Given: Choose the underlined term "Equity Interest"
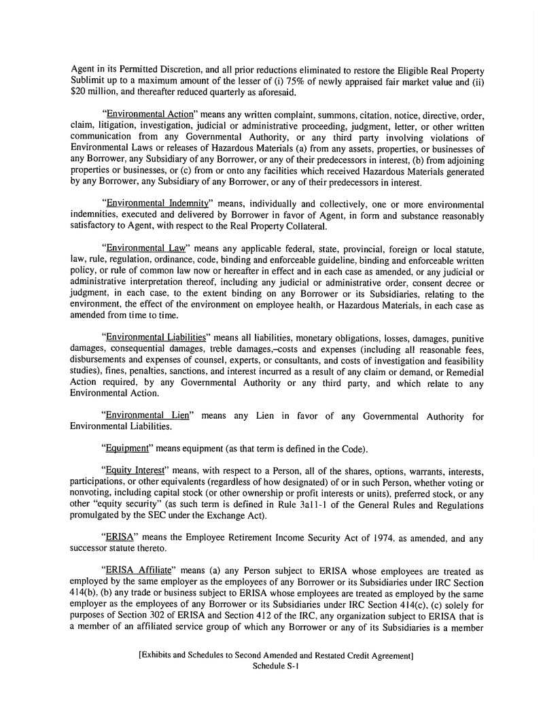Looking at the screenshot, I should coord(136,472).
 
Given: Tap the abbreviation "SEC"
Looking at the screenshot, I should coord(158,516).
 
